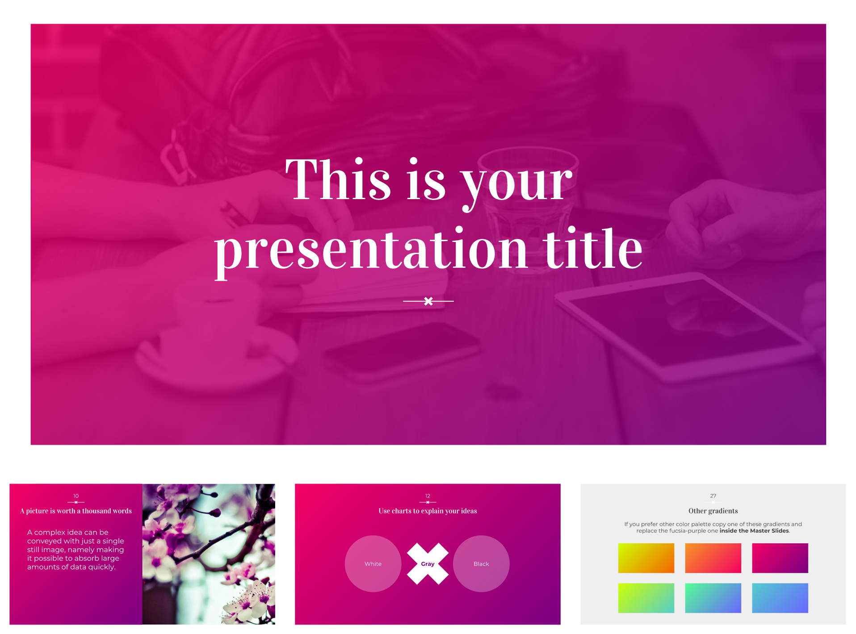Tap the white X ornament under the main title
[428, 301]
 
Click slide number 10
[76, 496]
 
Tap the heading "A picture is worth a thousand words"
[76, 511]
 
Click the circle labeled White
[373, 564]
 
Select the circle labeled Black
[481, 564]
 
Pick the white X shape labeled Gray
[428, 564]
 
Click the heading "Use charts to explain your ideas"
[428, 511]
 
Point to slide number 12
[428, 496]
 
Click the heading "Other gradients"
[713, 511]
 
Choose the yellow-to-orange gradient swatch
[646, 558]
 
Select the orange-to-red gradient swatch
[713, 558]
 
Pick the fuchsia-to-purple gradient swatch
[780, 558]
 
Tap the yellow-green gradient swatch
[646, 598]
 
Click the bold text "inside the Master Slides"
[754, 531]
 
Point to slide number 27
[713, 496]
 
